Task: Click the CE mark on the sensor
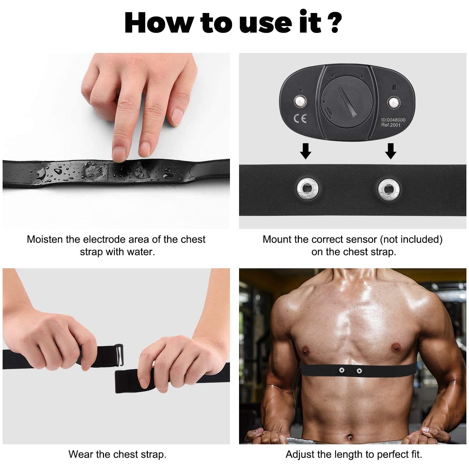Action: [x=300, y=119]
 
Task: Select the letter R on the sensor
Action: [x=394, y=88]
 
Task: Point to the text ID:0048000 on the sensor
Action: [x=393, y=120]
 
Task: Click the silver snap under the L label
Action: [x=300, y=101]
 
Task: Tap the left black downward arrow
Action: [x=305, y=151]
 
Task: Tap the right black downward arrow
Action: [x=391, y=151]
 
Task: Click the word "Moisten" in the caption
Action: [x=45, y=239]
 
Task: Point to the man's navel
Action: [x=350, y=437]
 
